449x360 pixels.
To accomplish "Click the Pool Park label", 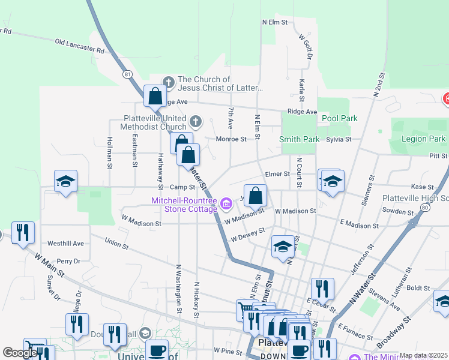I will [x=339, y=118].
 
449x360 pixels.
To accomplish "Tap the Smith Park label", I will [x=299, y=139].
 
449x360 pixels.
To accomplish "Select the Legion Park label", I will [x=426, y=139].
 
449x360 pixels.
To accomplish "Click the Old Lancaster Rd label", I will [x=79, y=46].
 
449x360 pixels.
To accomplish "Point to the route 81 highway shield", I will [x=127, y=74].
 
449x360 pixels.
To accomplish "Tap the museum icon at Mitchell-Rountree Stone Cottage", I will [x=226, y=205].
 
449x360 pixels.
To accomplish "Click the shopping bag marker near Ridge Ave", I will [x=155, y=95].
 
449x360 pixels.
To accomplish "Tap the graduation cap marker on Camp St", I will [x=65, y=181].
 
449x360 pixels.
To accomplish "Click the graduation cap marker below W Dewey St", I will [x=283, y=246].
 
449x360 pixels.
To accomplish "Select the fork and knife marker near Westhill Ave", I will [x=23, y=232].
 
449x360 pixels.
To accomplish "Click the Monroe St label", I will [x=232, y=139].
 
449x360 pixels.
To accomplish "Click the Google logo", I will [x=20, y=353].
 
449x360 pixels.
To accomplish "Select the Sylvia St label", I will [x=339, y=139].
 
